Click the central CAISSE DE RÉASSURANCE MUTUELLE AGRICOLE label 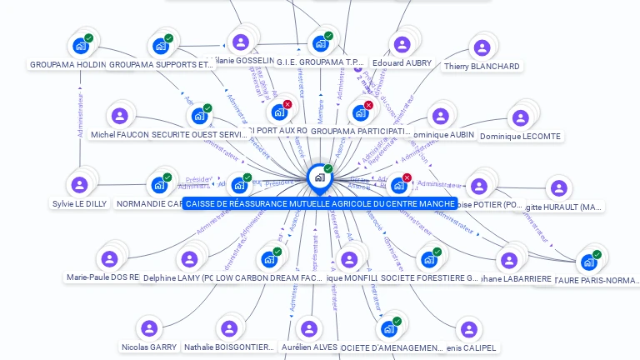(x=320, y=203)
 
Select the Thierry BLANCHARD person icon (x=481, y=47)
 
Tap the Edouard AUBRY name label (x=402, y=62)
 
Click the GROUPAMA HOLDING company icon (x=81, y=45)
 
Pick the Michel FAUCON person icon (x=120, y=115)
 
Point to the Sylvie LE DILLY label (x=80, y=203)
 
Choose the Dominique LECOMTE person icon (x=520, y=117)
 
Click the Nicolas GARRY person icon (x=149, y=328)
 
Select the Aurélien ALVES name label (x=308, y=347)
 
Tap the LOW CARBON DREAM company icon (x=269, y=258)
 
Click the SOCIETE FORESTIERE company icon (x=429, y=259)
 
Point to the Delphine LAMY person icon (x=190, y=258)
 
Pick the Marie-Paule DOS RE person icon (x=109, y=258)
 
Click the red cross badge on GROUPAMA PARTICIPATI (x=368, y=105)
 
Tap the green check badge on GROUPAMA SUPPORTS (x=168, y=38)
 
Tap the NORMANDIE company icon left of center (x=159, y=185)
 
